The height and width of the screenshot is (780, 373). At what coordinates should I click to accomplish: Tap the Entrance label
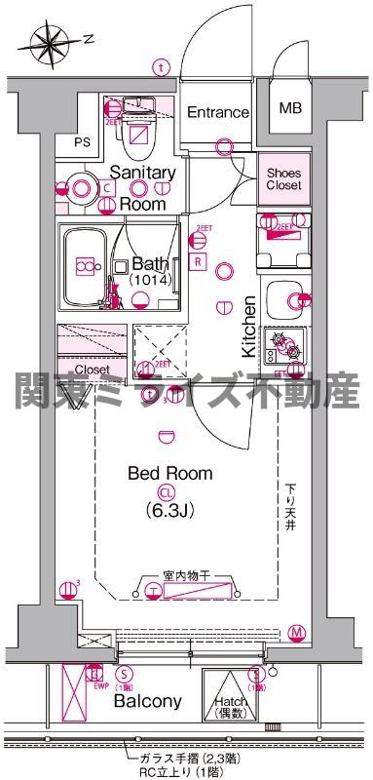pyautogui.click(x=217, y=112)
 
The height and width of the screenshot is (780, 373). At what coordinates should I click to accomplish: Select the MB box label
pyautogui.click(x=291, y=108)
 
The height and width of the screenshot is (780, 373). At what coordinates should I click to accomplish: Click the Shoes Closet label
pyautogui.click(x=284, y=178)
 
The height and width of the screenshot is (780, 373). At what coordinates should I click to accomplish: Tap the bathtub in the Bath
pyautogui.click(x=86, y=265)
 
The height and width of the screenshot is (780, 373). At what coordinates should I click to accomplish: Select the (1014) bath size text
pyautogui.click(x=149, y=280)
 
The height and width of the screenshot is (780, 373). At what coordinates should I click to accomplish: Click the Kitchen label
pyautogui.click(x=248, y=327)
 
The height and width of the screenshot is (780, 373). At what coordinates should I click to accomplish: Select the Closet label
pyautogui.click(x=92, y=370)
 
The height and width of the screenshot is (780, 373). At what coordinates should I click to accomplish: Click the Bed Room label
pyautogui.click(x=170, y=474)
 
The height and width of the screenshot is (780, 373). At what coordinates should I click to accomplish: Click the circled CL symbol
pyautogui.click(x=169, y=492)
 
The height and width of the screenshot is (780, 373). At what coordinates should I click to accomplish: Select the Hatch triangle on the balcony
pyautogui.click(x=231, y=688)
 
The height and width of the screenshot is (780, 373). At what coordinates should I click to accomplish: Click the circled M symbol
pyautogui.click(x=295, y=633)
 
